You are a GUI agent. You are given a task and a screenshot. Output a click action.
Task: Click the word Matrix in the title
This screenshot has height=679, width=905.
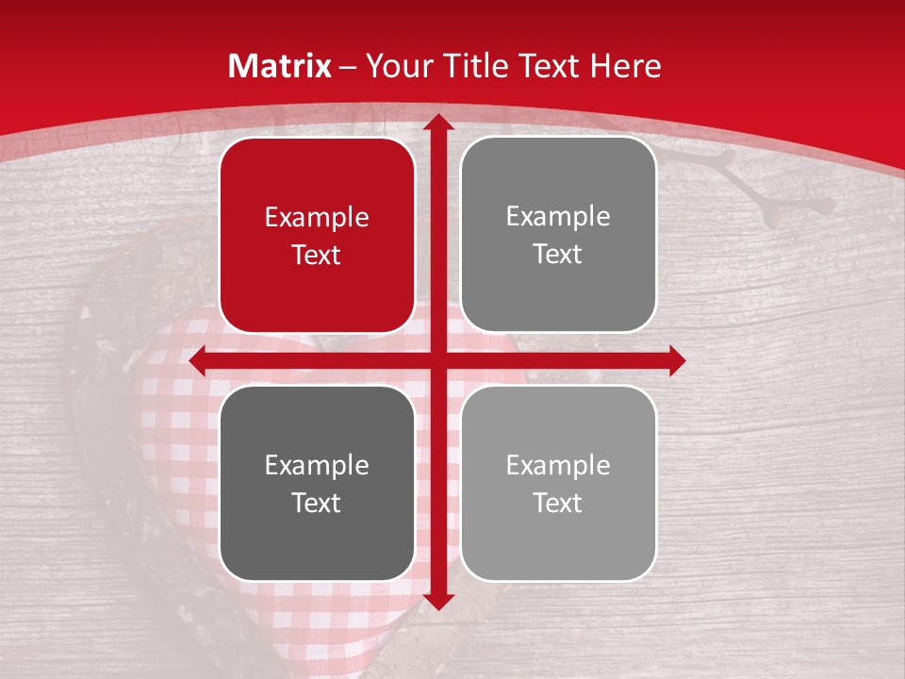click(280, 66)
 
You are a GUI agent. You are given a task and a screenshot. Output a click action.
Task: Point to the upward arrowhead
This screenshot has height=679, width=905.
click(437, 124)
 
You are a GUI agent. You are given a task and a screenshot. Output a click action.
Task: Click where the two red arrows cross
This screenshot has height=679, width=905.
click(437, 360)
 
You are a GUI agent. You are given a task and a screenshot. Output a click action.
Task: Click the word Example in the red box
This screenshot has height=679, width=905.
click(317, 218)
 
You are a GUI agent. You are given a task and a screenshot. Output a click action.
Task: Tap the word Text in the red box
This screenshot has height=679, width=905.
click(317, 255)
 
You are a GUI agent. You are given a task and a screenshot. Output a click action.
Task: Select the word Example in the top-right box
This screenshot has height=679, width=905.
click(558, 217)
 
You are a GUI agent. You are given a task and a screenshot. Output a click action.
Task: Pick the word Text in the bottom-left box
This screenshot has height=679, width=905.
click(317, 503)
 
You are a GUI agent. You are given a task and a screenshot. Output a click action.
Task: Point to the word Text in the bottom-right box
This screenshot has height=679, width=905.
click(558, 503)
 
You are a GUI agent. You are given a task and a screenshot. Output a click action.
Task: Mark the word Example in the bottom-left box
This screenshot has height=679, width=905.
click(317, 466)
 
